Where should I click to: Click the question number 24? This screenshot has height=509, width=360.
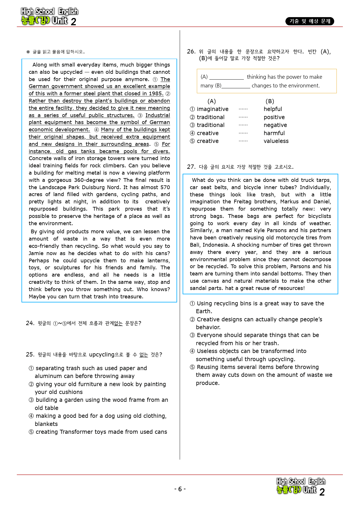pyautogui.click(x=30, y=323)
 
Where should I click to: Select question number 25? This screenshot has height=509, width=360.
pyautogui.click(x=30, y=354)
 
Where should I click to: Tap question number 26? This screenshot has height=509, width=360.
pyautogui.click(x=191, y=51)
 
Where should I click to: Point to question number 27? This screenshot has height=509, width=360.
pyautogui.click(x=191, y=167)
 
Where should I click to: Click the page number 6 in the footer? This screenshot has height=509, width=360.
pyautogui.click(x=180, y=489)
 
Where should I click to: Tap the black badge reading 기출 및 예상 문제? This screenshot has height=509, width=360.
pyautogui.click(x=310, y=21)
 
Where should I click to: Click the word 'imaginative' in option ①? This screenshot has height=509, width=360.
pyautogui.click(x=213, y=109)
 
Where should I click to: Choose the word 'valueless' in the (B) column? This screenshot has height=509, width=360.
pyautogui.click(x=276, y=141)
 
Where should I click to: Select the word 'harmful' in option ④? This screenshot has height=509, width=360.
pyautogui.click(x=274, y=133)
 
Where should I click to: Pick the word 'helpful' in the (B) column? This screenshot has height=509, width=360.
pyautogui.click(x=273, y=109)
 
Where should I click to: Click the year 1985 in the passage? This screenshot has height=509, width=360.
pyautogui.click(x=156, y=94)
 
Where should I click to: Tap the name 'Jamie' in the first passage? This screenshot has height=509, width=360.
pyautogui.click(x=36, y=253)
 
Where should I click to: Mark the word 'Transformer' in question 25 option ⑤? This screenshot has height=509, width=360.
pyautogui.click(x=76, y=432)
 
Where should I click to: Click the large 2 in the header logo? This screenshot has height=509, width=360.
pyautogui.click(x=73, y=22)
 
